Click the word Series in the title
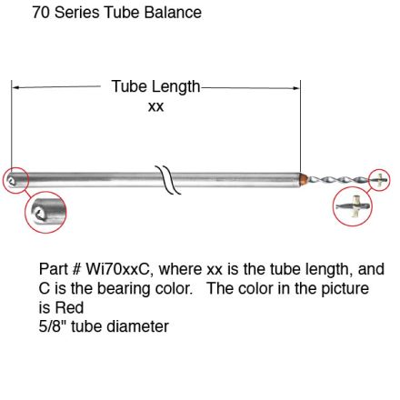pyautogui.click(x=81, y=13)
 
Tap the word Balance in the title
pyautogui.click(x=173, y=13)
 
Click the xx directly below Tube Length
pyautogui.click(x=155, y=106)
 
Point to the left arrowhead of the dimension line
pyautogui.click(x=15, y=87)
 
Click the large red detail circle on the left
pyautogui.click(x=45, y=212)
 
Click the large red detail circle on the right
pyautogui.click(x=352, y=207)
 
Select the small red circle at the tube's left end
pyautogui.click(x=15, y=180)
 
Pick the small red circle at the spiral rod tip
pyautogui.click(x=379, y=180)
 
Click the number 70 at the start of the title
pyautogui.click(x=41, y=13)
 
